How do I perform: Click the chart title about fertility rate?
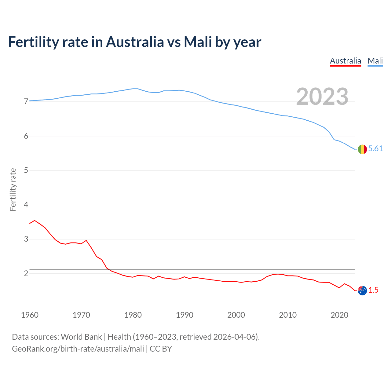134,42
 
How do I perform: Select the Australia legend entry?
345,61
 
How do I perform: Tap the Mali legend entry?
375,61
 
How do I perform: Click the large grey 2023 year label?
322,97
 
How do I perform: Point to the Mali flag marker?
362,149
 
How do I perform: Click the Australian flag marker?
362,291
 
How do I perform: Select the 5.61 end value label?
375,149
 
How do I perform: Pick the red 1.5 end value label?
373,290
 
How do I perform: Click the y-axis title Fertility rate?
13,189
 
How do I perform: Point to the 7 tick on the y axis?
26,101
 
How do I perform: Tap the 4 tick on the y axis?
26,205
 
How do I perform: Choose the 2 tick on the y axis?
26,273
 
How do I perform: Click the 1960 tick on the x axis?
30,315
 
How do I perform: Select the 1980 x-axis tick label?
133,315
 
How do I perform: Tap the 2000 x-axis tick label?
236,315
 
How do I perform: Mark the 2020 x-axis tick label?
339,315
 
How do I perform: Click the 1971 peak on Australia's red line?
86,240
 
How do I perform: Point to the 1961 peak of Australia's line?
35,220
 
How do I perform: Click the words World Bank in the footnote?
81,337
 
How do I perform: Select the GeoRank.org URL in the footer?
78,349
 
